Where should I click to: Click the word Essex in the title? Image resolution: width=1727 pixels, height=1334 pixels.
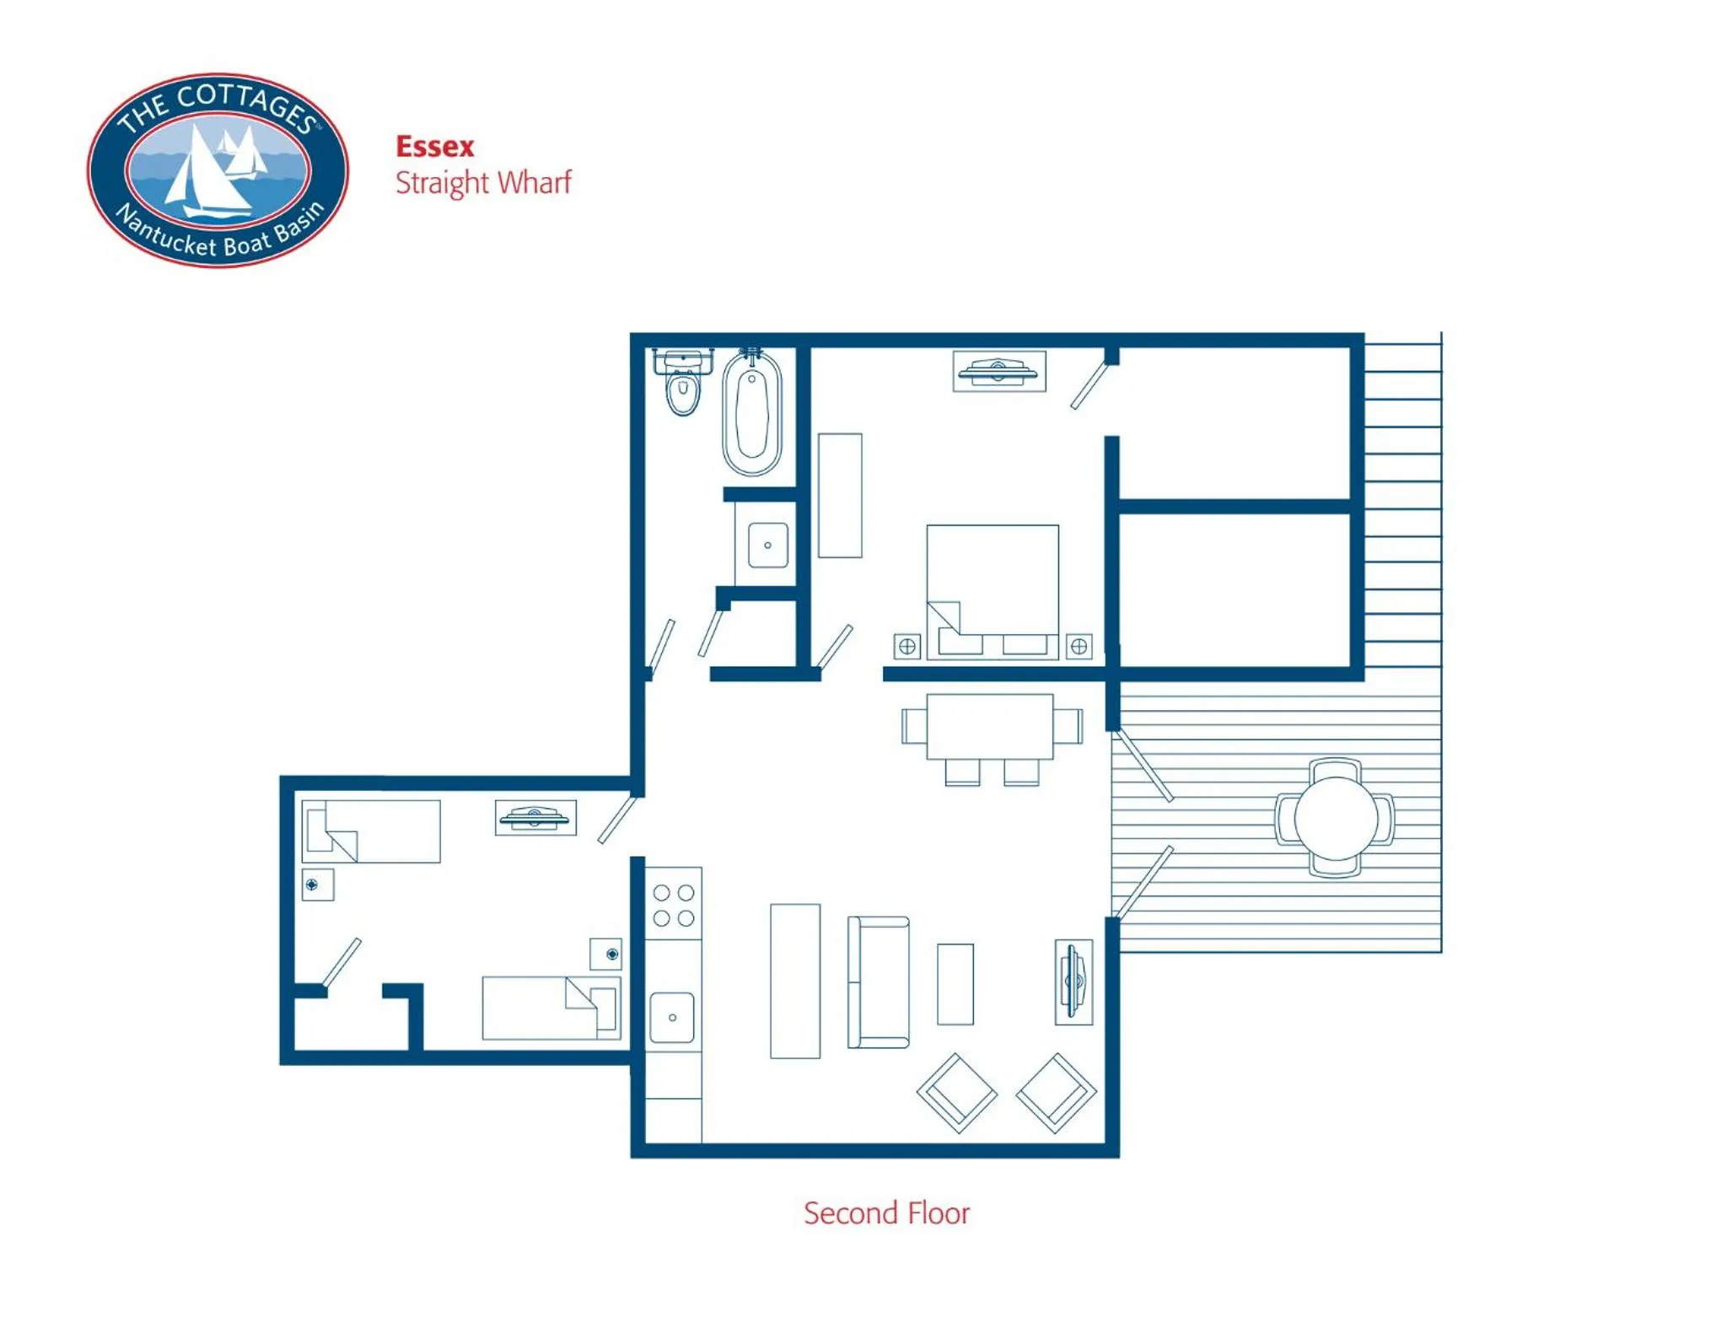pos(434,147)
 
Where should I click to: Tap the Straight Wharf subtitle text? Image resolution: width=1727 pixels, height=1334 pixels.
pos(483,183)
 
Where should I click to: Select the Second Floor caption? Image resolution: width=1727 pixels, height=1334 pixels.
pos(885,1213)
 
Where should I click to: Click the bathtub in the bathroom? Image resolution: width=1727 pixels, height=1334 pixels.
pos(751,414)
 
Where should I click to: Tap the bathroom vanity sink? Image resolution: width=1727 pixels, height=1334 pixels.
pos(767,545)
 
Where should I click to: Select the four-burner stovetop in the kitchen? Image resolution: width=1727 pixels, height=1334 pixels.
pos(674,905)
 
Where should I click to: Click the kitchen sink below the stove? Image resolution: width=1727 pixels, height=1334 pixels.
pos(672,1017)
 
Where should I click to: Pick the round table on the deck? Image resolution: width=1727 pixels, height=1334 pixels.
pos(1335,818)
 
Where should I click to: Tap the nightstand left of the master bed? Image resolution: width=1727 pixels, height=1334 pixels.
pos(907,646)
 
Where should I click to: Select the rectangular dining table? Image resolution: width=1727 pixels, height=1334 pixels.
pos(989,726)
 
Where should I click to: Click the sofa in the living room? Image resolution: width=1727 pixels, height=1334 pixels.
pos(879,982)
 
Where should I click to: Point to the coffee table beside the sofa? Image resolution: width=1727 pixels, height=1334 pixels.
pos(955,983)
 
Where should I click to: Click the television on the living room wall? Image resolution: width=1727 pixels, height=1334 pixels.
pos(1073,982)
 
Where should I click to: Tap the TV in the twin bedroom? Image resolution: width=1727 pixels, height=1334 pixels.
pos(535,817)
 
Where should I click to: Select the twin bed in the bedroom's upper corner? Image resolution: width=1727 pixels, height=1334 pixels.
pos(371,831)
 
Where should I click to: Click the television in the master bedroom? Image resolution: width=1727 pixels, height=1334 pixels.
pos(998,371)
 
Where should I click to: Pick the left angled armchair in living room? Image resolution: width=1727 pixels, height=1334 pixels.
pos(956,1092)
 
